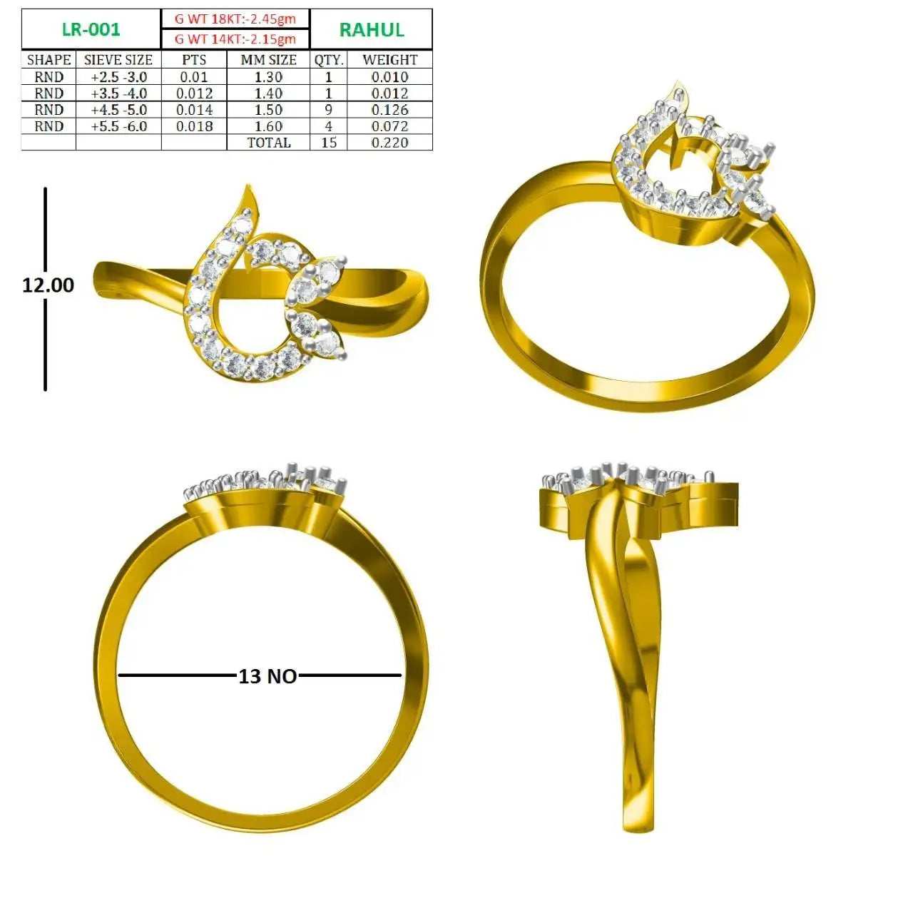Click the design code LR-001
[91, 29]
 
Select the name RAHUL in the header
[372, 30]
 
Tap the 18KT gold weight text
[235, 19]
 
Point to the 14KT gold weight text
[235, 39]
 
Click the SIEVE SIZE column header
[118, 60]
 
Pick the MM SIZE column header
[269, 60]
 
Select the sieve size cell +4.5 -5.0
[119, 110]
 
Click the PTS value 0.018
[194, 126]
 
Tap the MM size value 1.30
[269, 77]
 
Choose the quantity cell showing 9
[328, 110]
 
